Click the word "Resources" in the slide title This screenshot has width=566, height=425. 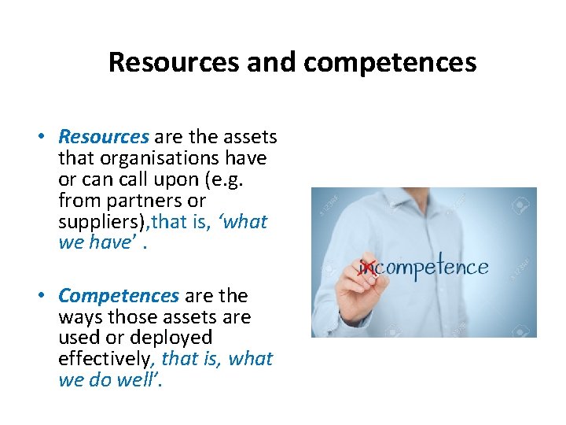(175, 62)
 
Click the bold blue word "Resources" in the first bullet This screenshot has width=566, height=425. (103, 137)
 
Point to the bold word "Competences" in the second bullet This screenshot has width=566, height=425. (119, 296)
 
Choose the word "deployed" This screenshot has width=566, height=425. (173, 338)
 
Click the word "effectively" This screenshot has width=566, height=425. (107, 359)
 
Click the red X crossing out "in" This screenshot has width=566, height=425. (366, 267)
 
